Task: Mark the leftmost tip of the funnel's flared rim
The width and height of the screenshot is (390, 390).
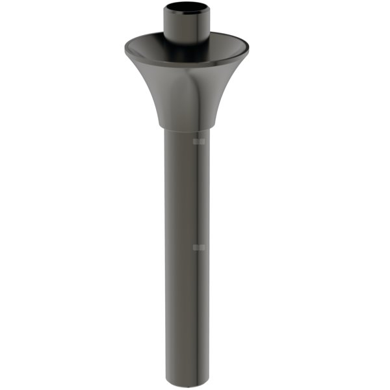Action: pos(124,48)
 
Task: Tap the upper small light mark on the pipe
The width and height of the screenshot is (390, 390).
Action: pos(200,140)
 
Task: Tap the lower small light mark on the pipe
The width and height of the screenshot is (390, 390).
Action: pos(200,247)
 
